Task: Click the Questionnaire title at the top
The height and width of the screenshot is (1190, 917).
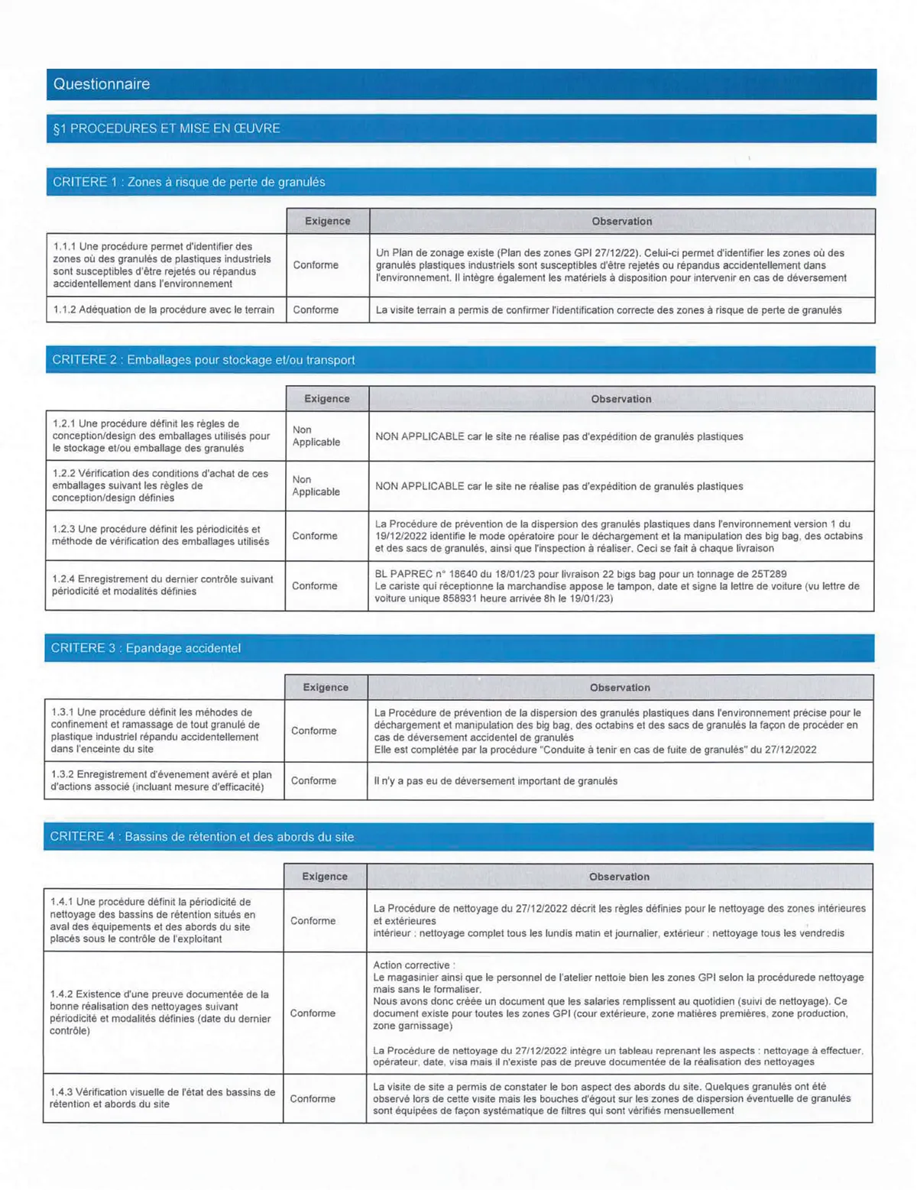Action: pos(102,84)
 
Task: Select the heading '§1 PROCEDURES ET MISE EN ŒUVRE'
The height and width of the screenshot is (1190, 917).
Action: pos(167,128)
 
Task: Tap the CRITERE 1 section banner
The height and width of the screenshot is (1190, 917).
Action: pos(189,182)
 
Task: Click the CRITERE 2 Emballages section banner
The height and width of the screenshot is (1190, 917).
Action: pos(203,360)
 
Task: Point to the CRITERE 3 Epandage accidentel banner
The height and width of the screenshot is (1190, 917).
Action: pos(145,648)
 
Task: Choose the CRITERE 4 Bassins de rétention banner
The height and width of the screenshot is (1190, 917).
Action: pos(202,837)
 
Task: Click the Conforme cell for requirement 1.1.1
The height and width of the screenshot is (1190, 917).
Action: pos(316,264)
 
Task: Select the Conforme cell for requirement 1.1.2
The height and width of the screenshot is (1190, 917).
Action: pos(316,310)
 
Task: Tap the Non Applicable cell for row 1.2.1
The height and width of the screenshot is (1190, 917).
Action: pos(316,436)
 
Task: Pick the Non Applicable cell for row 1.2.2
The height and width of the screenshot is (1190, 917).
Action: pos(316,485)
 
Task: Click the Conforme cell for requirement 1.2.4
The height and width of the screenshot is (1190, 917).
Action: pos(314,585)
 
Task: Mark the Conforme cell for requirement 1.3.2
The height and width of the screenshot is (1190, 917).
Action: pos(313,780)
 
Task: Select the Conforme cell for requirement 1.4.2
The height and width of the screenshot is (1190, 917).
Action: pos(313,1013)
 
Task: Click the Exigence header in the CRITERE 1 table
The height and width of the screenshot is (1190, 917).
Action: pos(327,221)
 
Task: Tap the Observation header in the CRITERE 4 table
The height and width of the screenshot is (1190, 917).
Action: pos(619,877)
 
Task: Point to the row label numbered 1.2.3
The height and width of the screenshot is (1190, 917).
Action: pos(160,535)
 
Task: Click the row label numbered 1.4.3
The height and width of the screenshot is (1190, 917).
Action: pos(162,1098)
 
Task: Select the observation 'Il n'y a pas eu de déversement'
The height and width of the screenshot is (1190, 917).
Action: pos(495,781)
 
